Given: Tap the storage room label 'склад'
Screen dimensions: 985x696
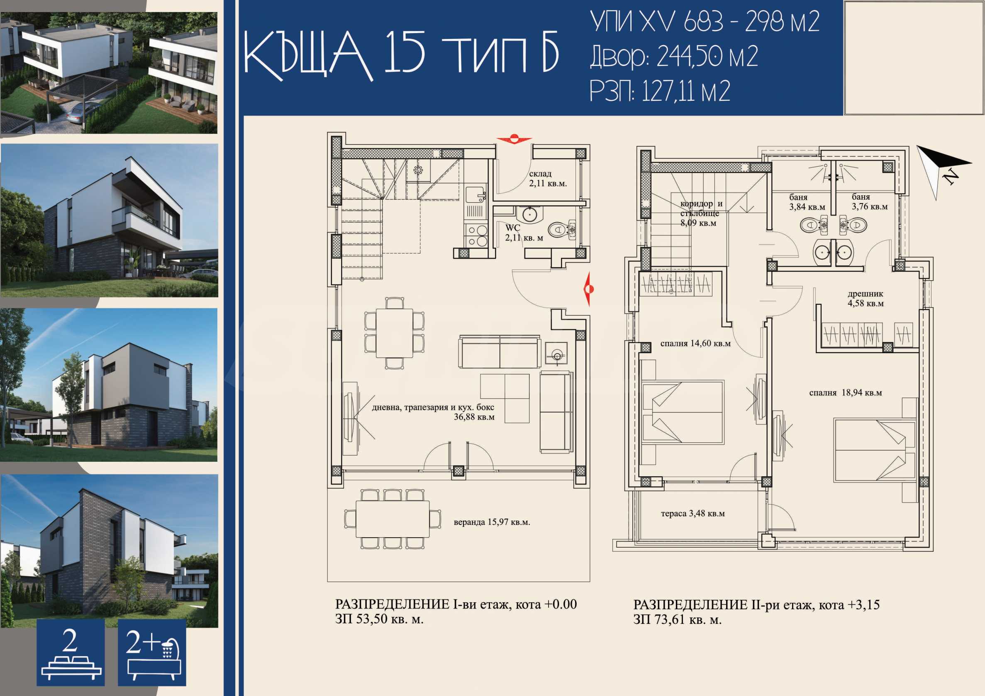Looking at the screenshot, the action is pos(540,174).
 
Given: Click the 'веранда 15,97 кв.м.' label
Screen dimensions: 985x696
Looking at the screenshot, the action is pos(492,522).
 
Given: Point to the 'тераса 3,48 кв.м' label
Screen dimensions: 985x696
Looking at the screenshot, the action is pos(693,514).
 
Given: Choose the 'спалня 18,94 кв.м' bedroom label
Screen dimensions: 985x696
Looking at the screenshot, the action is pos(846,393).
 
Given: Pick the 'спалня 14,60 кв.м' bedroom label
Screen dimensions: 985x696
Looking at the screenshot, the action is pos(695,343).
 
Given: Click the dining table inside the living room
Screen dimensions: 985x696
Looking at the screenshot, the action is pos(394,333).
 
